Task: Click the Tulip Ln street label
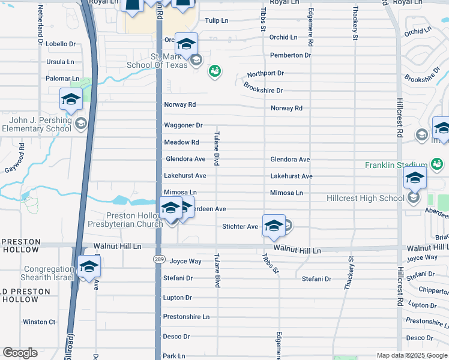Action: (216, 20)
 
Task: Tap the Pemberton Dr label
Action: (291, 55)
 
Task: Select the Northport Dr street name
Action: (265, 73)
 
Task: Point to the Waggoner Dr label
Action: (183, 125)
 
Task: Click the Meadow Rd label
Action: (181, 142)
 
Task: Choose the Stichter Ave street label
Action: (240, 226)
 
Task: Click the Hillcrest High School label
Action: (365, 199)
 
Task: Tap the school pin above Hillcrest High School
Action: (415, 178)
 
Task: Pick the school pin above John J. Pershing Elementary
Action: (71, 100)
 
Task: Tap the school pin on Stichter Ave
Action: (274, 226)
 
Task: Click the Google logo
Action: (20, 353)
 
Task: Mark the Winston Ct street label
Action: (39, 322)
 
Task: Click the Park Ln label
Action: (174, 356)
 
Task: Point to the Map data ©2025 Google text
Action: (412, 355)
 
